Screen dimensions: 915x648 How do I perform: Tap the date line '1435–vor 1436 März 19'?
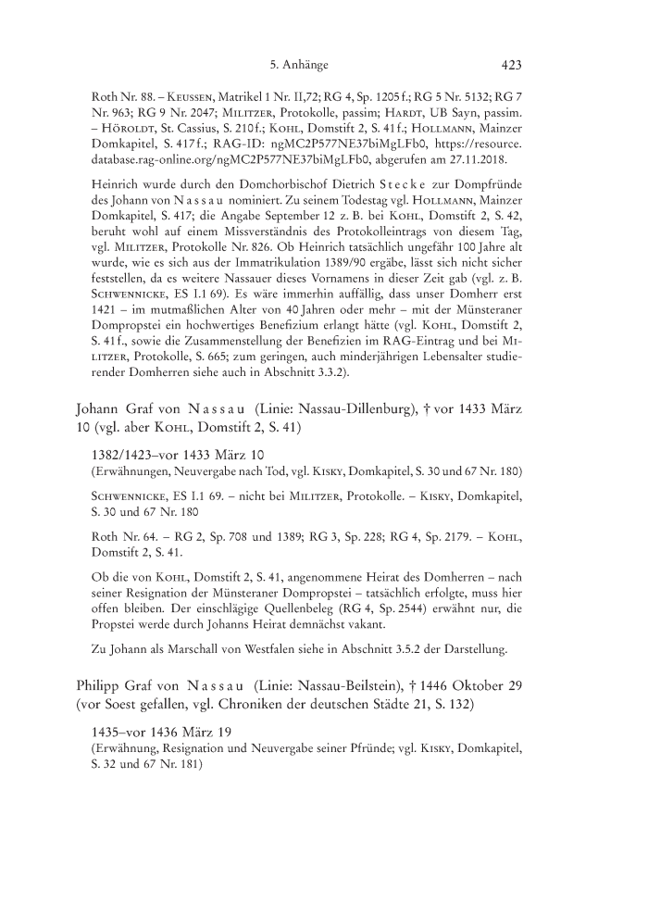pos(162,733)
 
